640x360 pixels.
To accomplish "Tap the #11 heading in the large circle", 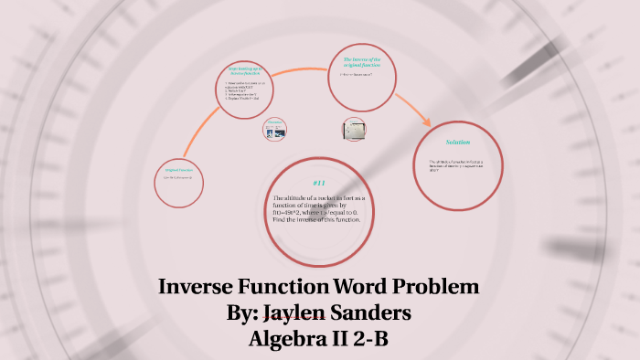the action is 318,183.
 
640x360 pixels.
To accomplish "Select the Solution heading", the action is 457,143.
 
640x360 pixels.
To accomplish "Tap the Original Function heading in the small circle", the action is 178,170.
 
